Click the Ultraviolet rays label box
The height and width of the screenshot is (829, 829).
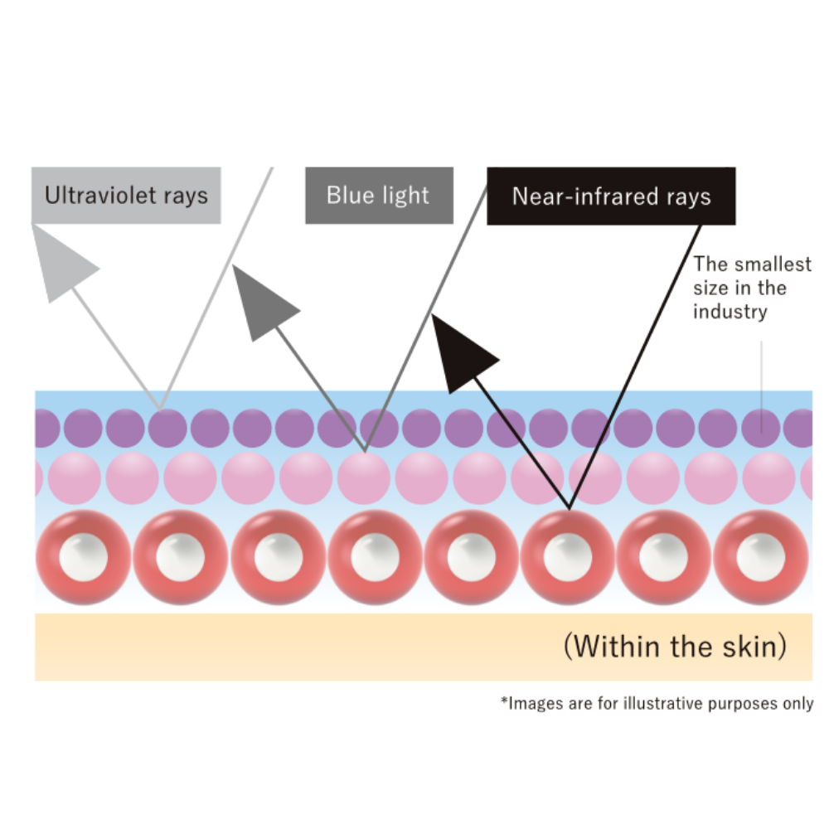click(126, 196)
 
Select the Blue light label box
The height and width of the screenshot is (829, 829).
click(379, 196)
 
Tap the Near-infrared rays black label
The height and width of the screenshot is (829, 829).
click(611, 196)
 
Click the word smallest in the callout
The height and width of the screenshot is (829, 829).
click(773, 264)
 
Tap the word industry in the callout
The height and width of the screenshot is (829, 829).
click(730, 312)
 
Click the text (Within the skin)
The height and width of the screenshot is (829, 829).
click(675, 646)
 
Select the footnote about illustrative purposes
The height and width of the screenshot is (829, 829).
click(657, 704)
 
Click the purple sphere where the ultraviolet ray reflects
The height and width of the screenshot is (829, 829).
click(168, 429)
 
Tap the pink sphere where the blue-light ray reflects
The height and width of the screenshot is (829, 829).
click(363, 478)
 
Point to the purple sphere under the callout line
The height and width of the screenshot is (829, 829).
click(761, 429)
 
